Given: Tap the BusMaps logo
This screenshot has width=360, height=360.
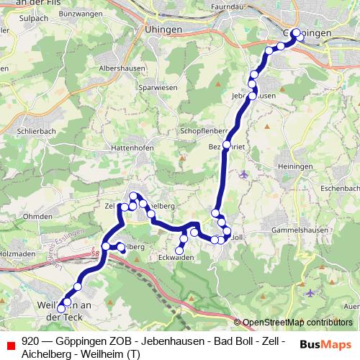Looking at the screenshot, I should tap(323, 344).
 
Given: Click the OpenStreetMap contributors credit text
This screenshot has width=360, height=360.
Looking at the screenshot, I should tap(297, 323).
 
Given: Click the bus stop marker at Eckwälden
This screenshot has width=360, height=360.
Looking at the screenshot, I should tap(179, 251).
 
